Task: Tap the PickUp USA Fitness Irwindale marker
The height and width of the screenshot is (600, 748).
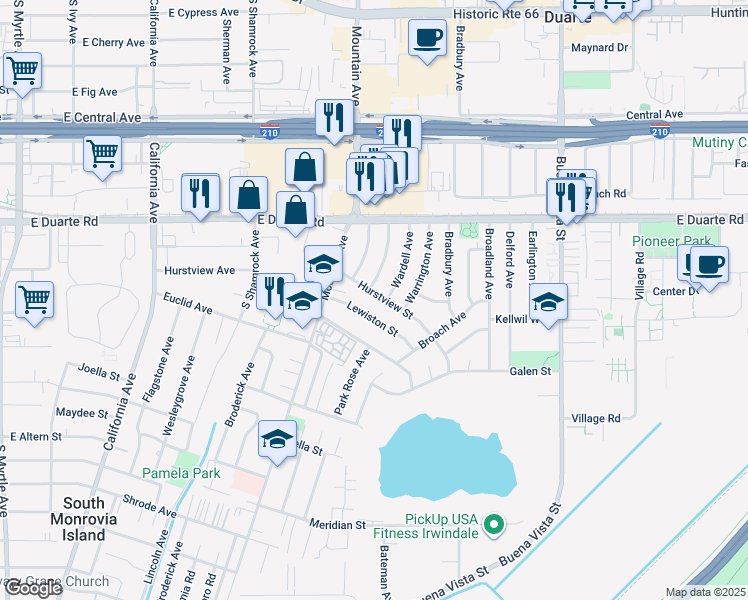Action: point(493,524)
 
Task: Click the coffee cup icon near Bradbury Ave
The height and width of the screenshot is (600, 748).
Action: point(427,38)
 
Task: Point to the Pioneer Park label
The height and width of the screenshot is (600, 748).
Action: point(670,241)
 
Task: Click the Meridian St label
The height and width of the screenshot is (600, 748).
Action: point(337,524)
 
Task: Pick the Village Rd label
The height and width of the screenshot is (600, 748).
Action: point(596,418)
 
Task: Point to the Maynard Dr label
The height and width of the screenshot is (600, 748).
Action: point(599,47)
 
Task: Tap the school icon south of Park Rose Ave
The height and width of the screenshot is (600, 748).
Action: point(277,438)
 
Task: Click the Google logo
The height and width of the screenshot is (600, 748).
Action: point(33,588)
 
